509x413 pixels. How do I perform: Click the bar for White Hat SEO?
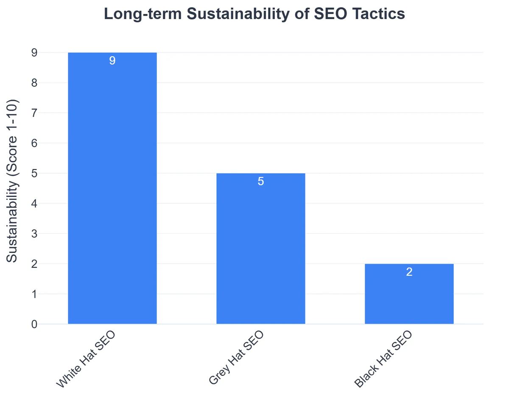pyautogui.click(x=112, y=191)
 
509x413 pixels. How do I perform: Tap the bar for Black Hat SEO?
pyautogui.click(x=409, y=297)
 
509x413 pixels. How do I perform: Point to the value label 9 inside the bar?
pyautogui.click(x=112, y=61)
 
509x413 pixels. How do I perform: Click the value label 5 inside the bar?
pyautogui.click(x=260, y=182)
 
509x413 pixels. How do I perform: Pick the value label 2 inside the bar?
pyautogui.click(x=409, y=272)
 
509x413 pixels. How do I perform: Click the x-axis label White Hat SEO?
pyautogui.click(x=86, y=360)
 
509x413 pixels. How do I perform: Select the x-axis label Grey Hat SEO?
pyautogui.click(x=236, y=358)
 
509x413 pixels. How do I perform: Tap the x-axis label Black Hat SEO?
pyautogui.click(x=383, y=360)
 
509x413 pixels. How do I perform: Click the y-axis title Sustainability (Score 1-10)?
pyautogui.click(x=13, y=181)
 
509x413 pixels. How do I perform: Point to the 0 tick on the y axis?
pyautogui.click(x=34, y=324)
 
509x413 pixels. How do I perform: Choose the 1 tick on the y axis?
pyautogui.click(x=34, y=294)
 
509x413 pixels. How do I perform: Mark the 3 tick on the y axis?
pyautogui.click(x=34, y=234)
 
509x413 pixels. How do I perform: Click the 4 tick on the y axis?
pyautogui.click(x=34, y=204)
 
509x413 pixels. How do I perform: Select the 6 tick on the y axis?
pyautogui.click(x=34, y=143)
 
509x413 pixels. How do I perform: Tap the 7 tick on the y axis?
pyautogui.click(x=34, y=113)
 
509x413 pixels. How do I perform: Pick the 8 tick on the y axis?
pyautogui.click(x=34, y=83)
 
